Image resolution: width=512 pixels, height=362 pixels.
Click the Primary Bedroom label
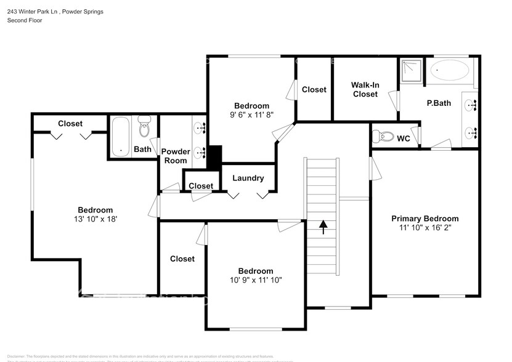(425, 219)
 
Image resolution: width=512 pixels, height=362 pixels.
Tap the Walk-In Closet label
(365, 89)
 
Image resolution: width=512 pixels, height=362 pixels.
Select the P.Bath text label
(439, 103)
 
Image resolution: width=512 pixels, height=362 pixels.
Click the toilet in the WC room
(384, 137)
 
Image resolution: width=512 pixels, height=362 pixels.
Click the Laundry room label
(248, 179)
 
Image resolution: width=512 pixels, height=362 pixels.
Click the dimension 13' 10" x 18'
(95, 219)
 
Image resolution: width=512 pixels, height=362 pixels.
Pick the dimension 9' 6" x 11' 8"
(251, 115)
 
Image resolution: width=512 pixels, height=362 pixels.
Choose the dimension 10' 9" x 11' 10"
(256, 280)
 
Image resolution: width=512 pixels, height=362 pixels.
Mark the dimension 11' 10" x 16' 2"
(425, 228)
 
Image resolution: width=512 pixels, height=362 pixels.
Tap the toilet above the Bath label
(145, 127)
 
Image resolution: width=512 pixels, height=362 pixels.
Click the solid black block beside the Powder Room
(214, 158)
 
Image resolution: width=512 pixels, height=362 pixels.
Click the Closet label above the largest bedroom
(70, 124)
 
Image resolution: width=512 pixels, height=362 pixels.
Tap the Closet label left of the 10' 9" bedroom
(182, 259)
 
